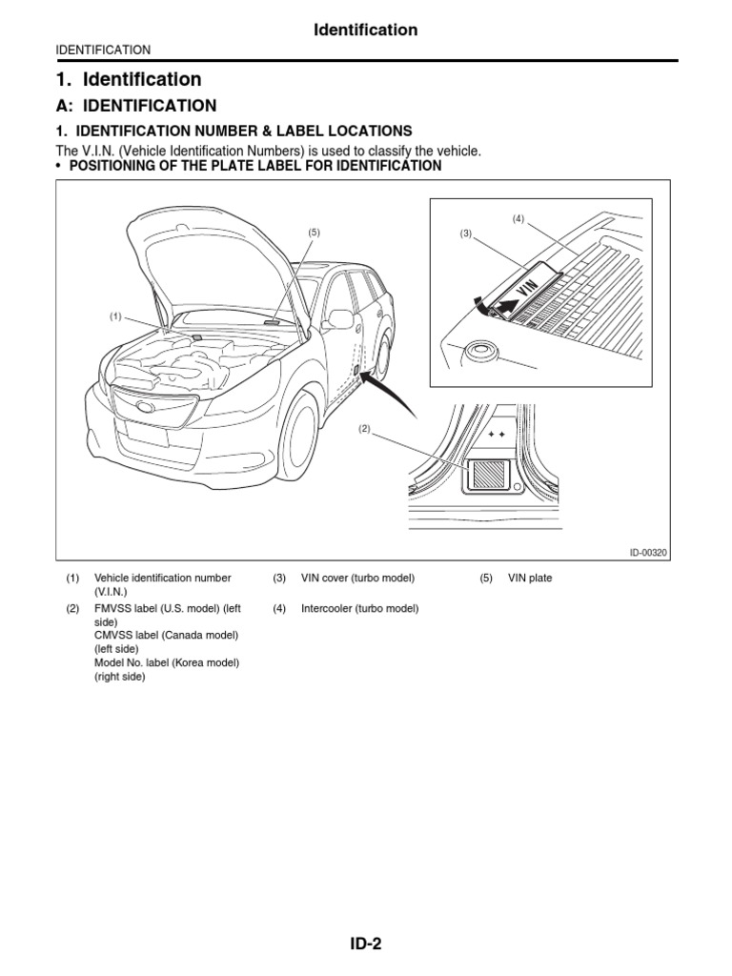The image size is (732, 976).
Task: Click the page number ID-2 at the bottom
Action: coord(366,945)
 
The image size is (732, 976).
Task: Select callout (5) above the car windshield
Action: coord(313,233)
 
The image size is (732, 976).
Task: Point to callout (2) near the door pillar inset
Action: coord(363,429)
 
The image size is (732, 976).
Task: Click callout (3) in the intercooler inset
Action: coord(466,234)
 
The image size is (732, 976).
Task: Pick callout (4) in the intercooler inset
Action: coord(518,218)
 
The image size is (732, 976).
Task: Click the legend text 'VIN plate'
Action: coord(530,579)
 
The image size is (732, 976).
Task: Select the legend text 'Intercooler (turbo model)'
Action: coord(359,608)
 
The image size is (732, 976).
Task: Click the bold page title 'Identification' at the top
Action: coord(366,30)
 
